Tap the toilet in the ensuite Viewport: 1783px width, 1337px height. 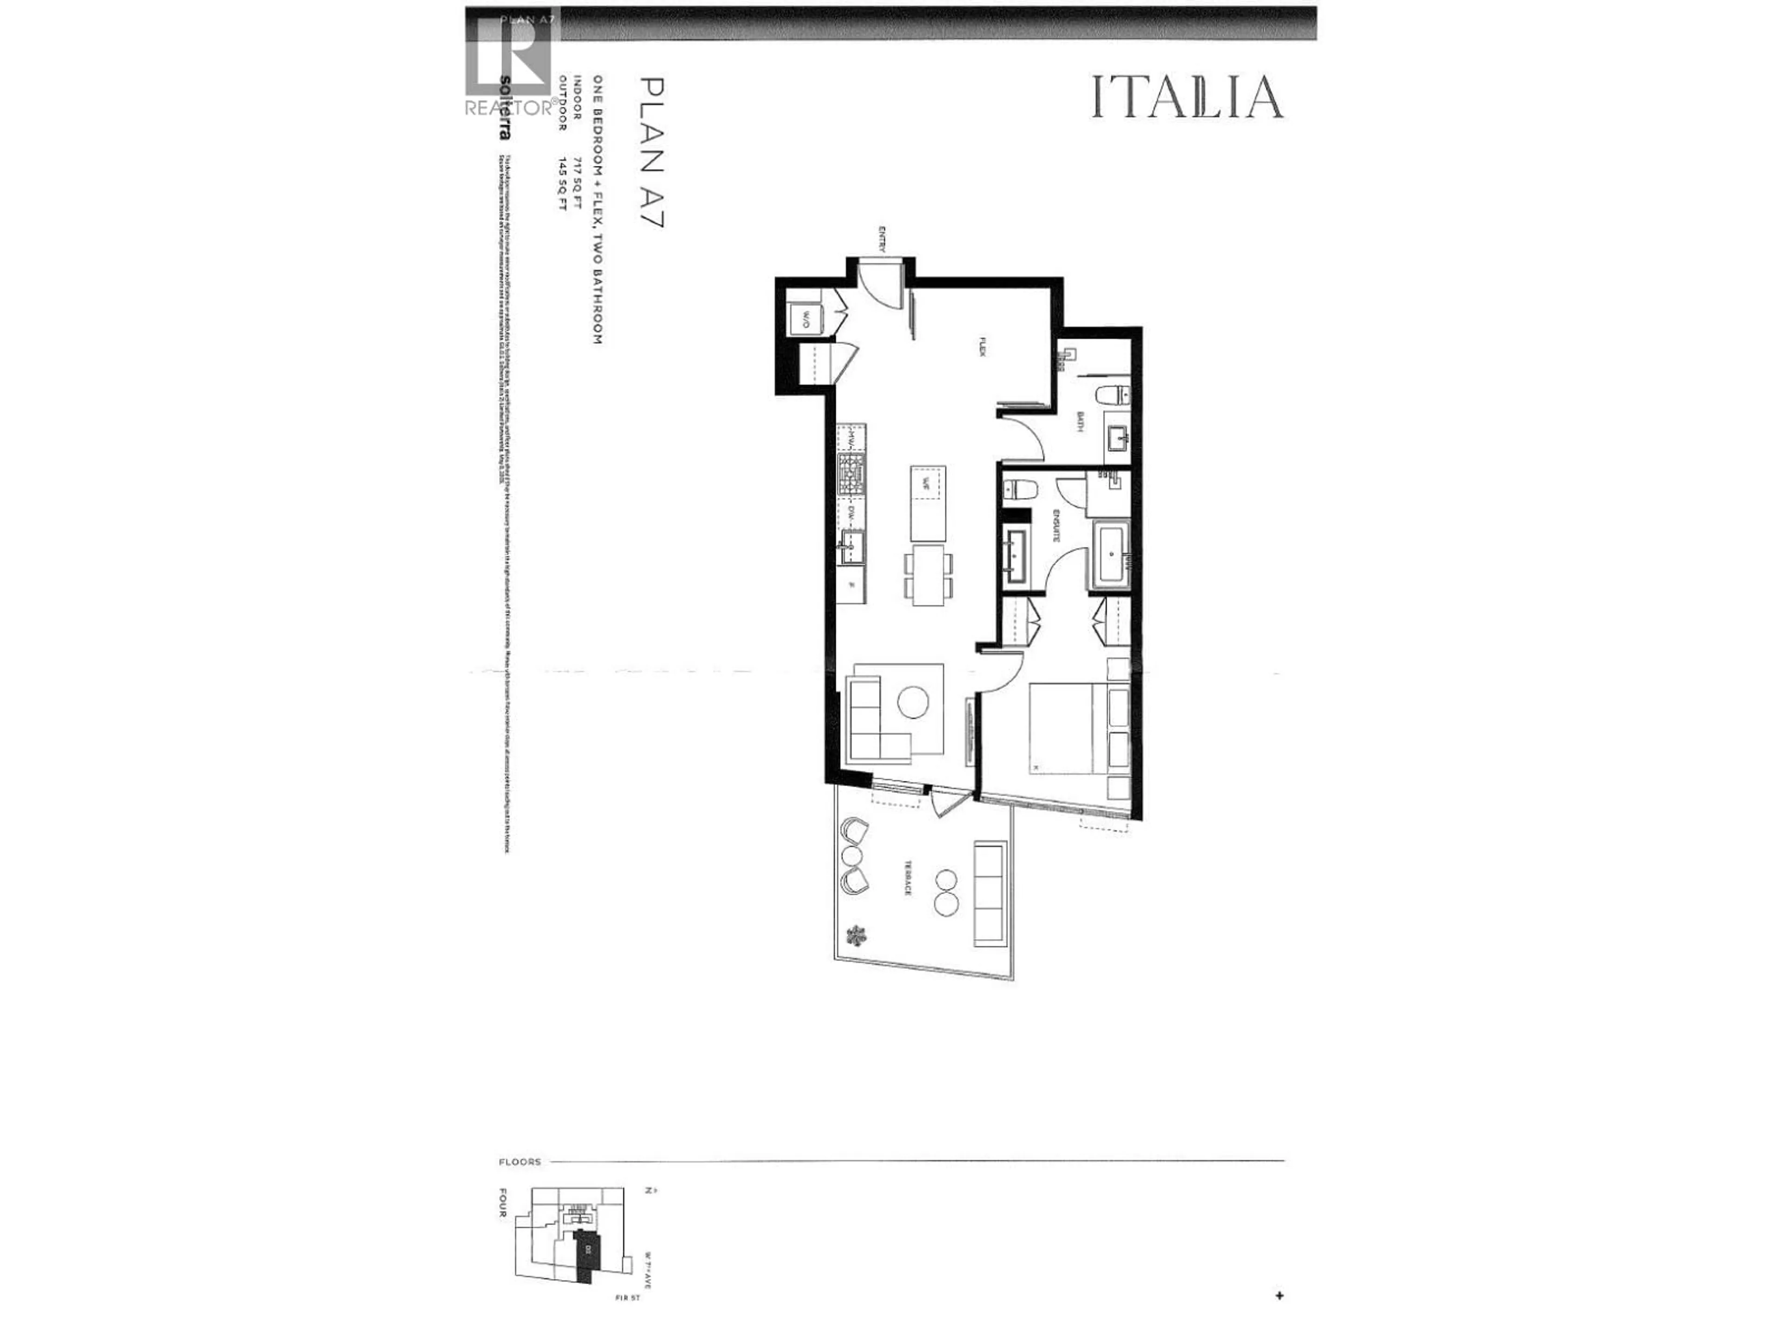click(1017, 489)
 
